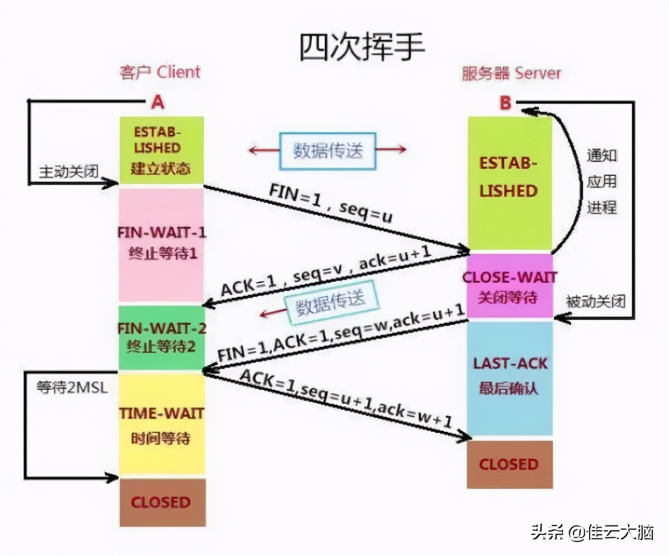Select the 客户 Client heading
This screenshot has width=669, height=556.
pos(160,72)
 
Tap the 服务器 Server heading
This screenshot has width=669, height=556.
pos(511,73)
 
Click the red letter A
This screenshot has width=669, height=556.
pos(158,102)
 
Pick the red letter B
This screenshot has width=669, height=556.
pos(505,103)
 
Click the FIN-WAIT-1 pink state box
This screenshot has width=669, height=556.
pos(161,244)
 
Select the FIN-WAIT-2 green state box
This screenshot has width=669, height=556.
pos(161,337)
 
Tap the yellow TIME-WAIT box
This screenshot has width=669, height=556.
pos(161,425)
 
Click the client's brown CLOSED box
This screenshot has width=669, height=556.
pos(162,502)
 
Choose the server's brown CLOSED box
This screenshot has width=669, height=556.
pos(509,464)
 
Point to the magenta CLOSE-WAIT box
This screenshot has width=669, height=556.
pos(509,287)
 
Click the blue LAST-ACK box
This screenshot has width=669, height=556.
pos(509,377)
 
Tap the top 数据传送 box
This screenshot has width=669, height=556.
pos(328,151)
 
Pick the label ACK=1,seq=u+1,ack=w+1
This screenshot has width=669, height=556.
pos(346,399)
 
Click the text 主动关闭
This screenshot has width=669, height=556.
pos(69,171)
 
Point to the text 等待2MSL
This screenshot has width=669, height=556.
pos(72,387)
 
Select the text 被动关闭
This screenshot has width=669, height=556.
pos(596,302)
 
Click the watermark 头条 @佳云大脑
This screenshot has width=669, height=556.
pos(592,532)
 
